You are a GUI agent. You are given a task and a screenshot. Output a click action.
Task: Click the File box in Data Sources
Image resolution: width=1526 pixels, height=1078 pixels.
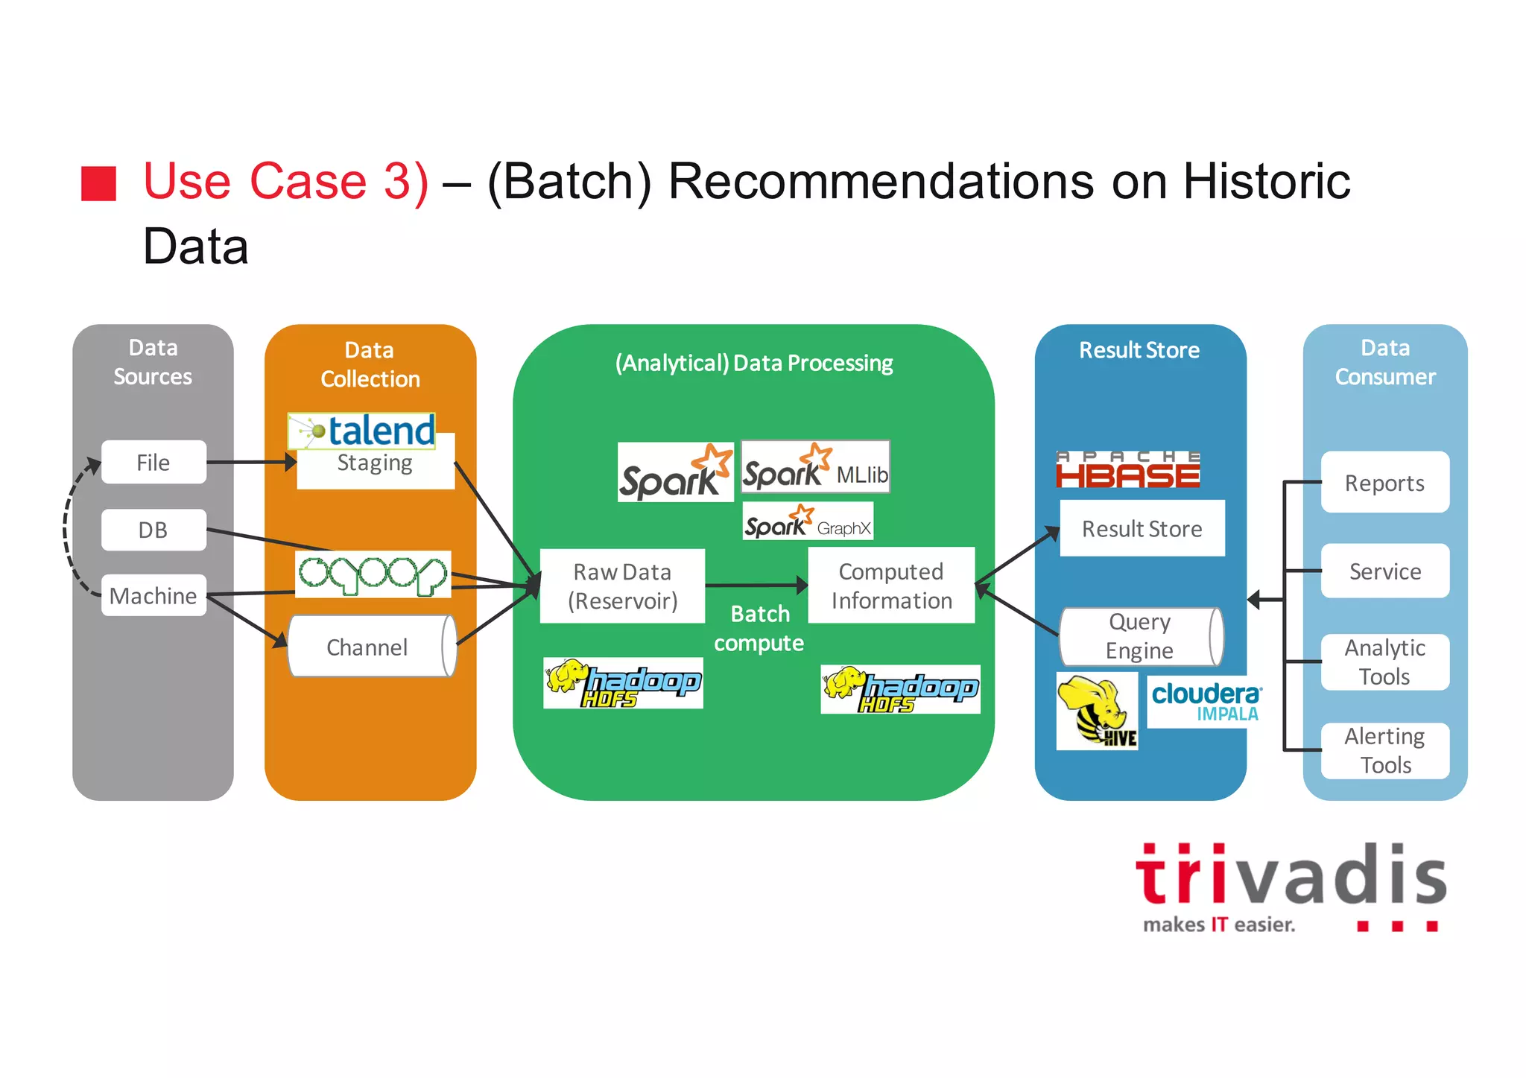point(153,462)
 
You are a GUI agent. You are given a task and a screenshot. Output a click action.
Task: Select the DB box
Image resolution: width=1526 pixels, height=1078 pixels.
point(153,530)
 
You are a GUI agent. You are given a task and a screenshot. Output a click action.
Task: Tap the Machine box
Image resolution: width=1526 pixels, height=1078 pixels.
point(153,595)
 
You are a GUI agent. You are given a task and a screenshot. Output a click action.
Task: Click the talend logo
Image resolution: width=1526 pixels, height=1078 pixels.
point(362,431)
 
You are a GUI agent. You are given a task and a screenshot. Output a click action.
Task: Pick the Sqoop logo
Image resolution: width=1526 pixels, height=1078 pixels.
point(373,574)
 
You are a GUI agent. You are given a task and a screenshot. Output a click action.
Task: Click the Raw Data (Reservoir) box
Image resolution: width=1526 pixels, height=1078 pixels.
point(622,586)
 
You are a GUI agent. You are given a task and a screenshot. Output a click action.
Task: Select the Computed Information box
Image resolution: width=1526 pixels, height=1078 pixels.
point(891,586)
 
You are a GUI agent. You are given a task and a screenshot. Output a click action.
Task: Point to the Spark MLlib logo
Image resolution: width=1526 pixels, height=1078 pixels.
point(815,467)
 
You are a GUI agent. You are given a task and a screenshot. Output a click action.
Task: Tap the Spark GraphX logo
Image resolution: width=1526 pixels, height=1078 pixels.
point(808,521)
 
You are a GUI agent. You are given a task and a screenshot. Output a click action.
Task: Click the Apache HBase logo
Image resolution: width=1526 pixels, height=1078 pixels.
point(1128,469)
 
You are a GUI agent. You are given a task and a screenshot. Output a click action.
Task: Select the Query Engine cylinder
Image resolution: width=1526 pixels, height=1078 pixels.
point(1140,636)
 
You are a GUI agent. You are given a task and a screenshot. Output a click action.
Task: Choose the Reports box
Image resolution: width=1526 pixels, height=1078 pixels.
point(1384,483)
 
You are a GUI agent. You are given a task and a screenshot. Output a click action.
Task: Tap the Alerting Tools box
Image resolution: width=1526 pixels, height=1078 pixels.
point(1384,750)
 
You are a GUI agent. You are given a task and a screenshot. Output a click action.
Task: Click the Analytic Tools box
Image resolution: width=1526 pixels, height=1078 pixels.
point(1384,662)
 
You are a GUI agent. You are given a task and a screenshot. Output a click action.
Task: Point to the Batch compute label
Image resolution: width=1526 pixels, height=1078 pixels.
point(759,628)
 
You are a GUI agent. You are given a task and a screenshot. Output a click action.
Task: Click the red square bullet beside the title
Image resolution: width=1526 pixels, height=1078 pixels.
point(98,183)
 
